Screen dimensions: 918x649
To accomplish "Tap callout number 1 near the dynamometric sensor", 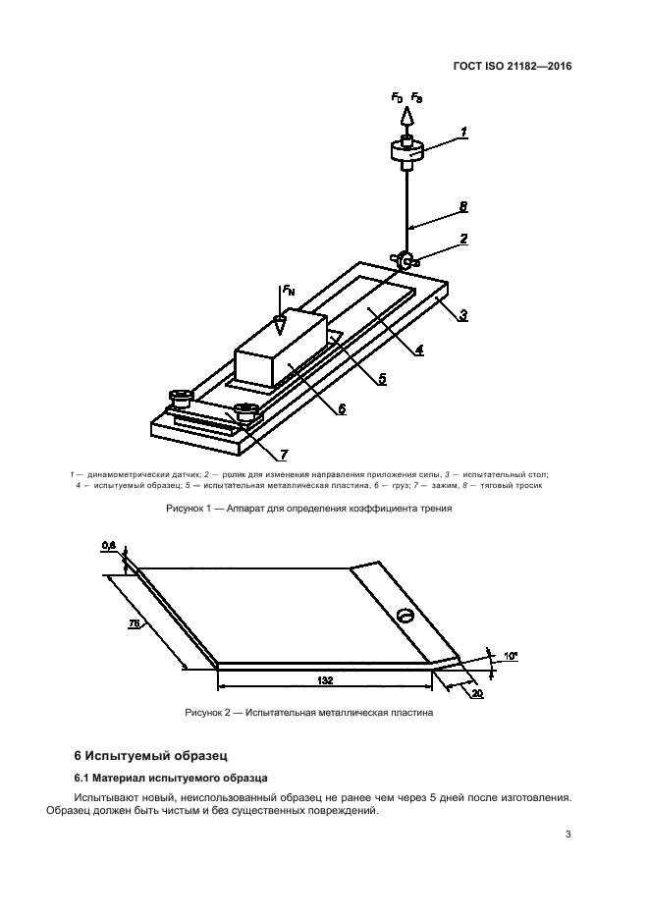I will click(463, 132).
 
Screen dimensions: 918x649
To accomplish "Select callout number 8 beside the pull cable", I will click(462, 207).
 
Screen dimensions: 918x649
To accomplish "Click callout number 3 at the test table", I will click(462, 315).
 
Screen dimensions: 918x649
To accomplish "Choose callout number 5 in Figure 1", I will click(381, 377).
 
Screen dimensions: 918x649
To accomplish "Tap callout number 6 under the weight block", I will click(341, 410).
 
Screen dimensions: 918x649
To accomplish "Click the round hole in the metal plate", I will click(404, 617).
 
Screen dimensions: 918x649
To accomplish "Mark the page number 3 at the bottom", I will click(568, 835).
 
